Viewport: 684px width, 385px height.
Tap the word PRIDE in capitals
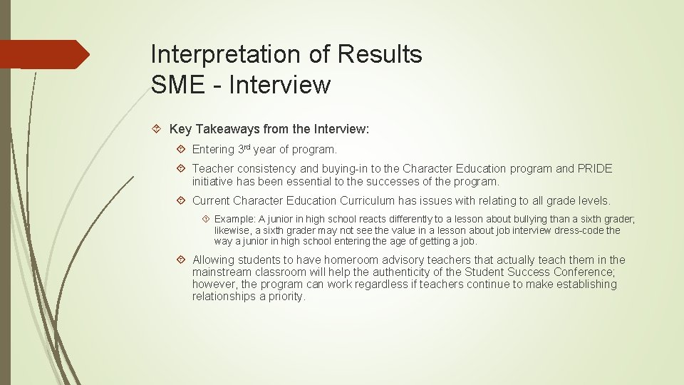pos(595,169)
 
